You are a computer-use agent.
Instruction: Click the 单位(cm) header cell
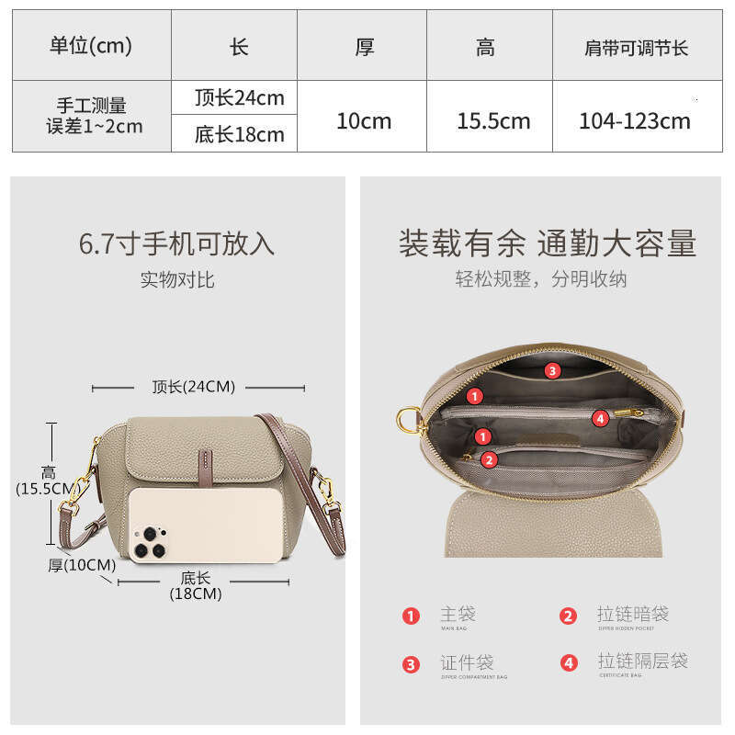pyautogui.click(x=91, y=46)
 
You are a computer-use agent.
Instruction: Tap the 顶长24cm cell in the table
pyautogui.click(x=239, y=97)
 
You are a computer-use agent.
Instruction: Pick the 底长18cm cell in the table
pyautogui.click(x=239, y=134)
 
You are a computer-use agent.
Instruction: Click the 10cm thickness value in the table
pyautogui.click(x=363, y=120)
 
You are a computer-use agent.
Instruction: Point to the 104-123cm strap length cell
pyautogui.click(x=635, y=120)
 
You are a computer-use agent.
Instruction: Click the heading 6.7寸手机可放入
pyautogui.click(x=176, y=243)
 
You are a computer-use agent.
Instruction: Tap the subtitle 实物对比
pyautogui.click(x=176, y=279)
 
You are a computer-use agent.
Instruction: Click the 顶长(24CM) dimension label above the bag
pyautogui.click(x=194, y=387)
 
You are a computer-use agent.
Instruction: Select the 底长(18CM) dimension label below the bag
pyautogui.click(x=196, y=585)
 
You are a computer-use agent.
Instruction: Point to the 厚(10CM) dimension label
pyautogui.click(x=82, y=565)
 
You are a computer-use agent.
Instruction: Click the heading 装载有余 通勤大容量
pyautogui.click(x=547, y=243)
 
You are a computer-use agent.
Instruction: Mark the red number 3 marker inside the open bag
pyautogui.click(x=551, y=371)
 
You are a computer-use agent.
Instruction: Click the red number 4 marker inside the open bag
pyautogui.click(x=600, y=418)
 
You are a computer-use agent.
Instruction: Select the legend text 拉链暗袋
pyautogui.click(x=632, y=615)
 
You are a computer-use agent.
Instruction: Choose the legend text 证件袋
pyautogui.click(x=467, y=661)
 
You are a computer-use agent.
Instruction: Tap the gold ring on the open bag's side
pyautogui.click(x=407, y=421)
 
